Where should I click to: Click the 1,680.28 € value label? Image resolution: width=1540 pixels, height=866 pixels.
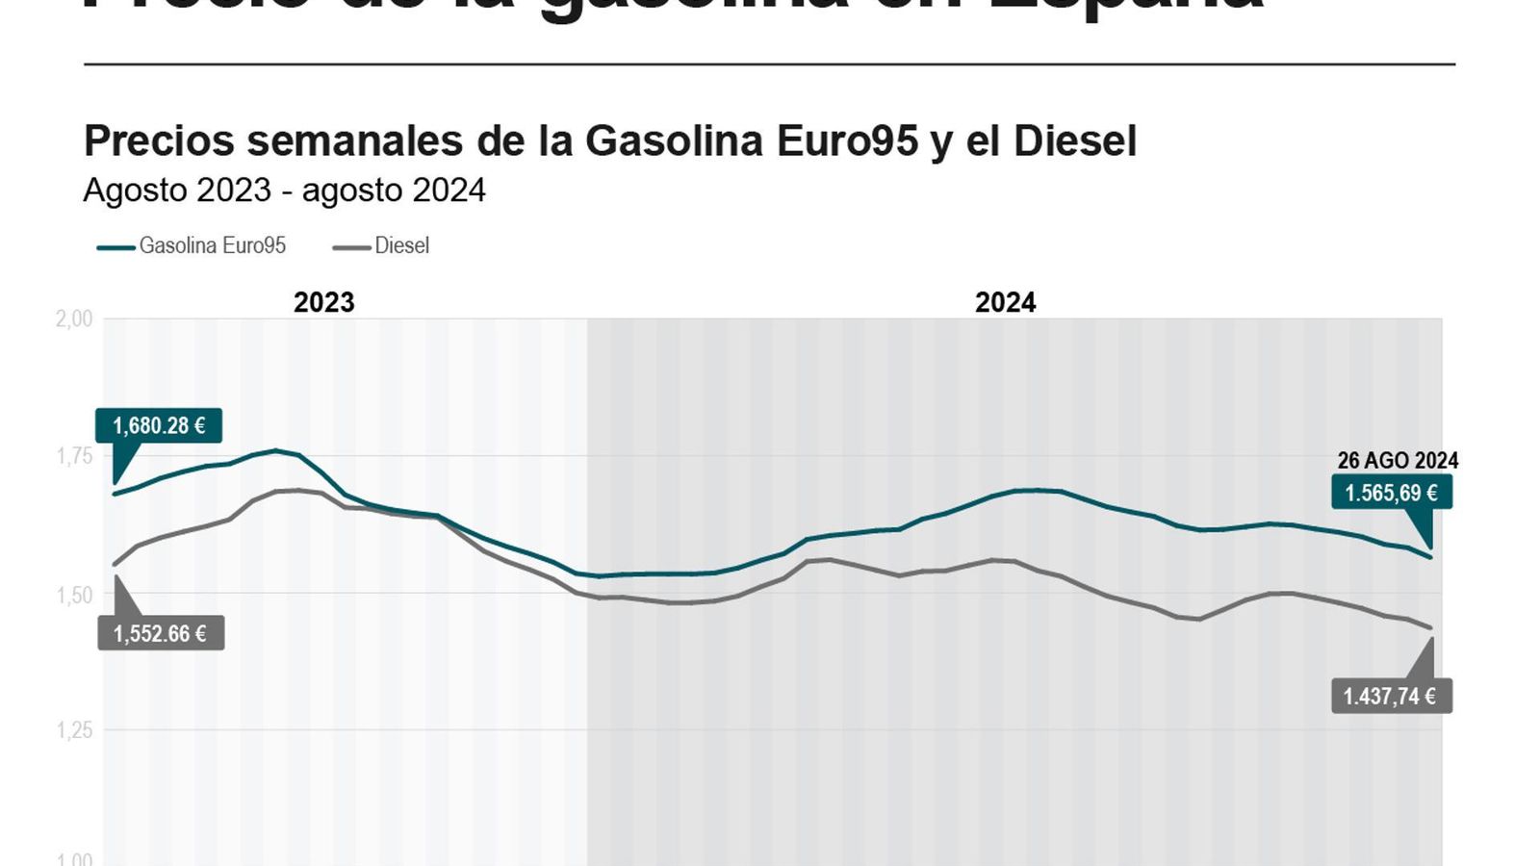click(x=159, y=425)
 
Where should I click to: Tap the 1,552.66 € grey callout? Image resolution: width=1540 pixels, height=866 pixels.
click(x=161, y=633)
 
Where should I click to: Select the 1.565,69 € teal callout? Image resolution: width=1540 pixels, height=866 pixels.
click(x=1391, y=493)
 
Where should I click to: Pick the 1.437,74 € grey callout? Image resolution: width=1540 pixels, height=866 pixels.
click(x=1391, y=696)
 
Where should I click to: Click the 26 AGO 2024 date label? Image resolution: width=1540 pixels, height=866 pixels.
click(x=1398, y=461)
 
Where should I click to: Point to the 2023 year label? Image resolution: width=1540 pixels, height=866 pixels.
click(x=323, y=302)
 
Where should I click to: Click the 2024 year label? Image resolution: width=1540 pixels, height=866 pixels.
click(x=1005, y=302)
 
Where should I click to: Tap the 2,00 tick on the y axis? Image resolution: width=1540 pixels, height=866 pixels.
click(x=74, y=318)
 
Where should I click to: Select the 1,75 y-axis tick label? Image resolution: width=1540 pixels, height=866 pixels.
click(x=74, y=456)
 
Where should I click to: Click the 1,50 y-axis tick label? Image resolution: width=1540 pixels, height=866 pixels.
click(x=74, y=595)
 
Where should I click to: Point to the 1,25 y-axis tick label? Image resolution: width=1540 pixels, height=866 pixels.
click(x=74, y=730)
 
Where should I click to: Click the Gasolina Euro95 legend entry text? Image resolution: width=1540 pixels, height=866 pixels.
click(x=213, y=245)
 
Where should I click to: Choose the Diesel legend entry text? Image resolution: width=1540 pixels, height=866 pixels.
click(x=401, y=245)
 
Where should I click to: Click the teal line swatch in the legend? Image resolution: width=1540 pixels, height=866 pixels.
click(x=115, y=247)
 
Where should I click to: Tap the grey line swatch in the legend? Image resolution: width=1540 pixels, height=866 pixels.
click(x=351, y=247)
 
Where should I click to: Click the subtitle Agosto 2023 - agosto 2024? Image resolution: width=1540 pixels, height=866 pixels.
click(x=284, y=191)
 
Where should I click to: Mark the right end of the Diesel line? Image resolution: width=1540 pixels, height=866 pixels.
click(x=1431, y=627)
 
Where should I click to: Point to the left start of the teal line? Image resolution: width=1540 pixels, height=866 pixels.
click(x=115, y=494)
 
